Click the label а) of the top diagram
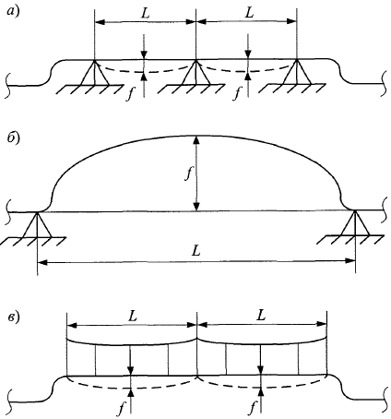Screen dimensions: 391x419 (13, 13)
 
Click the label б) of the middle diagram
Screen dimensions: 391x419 (13, 138)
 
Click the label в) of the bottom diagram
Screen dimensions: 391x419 (13, 317)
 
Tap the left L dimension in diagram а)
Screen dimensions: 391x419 (145, 14)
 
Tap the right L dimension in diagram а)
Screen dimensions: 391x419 (250, 13)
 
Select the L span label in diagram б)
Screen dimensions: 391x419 (195, 251)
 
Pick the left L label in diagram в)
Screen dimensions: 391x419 (133, 316)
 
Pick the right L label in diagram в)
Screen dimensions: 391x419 (261, 316)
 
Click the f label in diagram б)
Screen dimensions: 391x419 (188, 174)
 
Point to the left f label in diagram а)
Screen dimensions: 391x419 (130, 93)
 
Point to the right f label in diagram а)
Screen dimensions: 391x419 (236, 93)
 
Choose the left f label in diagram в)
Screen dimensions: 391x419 (122, 408)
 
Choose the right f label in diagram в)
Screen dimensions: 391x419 (253, 408)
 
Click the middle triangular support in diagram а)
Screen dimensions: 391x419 (195, 72)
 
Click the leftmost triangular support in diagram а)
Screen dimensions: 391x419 (95, 72)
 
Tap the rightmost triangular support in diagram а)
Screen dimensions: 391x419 (297, 72)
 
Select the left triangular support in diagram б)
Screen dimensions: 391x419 (37, 224)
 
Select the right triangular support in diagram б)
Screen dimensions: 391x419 (355, 223)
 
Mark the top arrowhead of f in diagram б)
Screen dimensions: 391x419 (196, 140)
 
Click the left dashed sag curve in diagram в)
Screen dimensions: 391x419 (132, 383)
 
